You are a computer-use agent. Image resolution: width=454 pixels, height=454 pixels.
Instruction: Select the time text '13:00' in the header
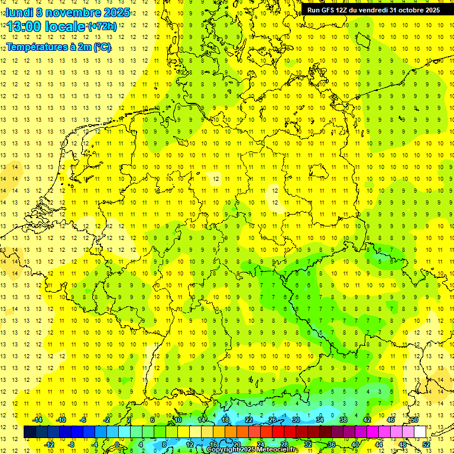click(x=24, y=27)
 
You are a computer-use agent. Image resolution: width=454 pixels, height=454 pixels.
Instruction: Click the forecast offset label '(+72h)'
click(x=102, y=27)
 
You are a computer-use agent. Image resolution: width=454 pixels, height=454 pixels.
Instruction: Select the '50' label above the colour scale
click(x=414, y=420)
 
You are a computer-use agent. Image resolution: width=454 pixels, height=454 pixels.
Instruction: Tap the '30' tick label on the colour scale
click(x=296, y=420)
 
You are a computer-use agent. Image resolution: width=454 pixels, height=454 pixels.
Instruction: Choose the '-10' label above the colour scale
click(x=60, y=420)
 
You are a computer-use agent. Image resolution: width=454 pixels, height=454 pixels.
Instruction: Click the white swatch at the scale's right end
click(x=420, y=432)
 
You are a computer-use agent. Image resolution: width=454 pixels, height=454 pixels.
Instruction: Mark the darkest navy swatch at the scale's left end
click(x=30, y=432)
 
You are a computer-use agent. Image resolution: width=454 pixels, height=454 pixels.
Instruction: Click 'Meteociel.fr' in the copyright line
click(x=277, y=450)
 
